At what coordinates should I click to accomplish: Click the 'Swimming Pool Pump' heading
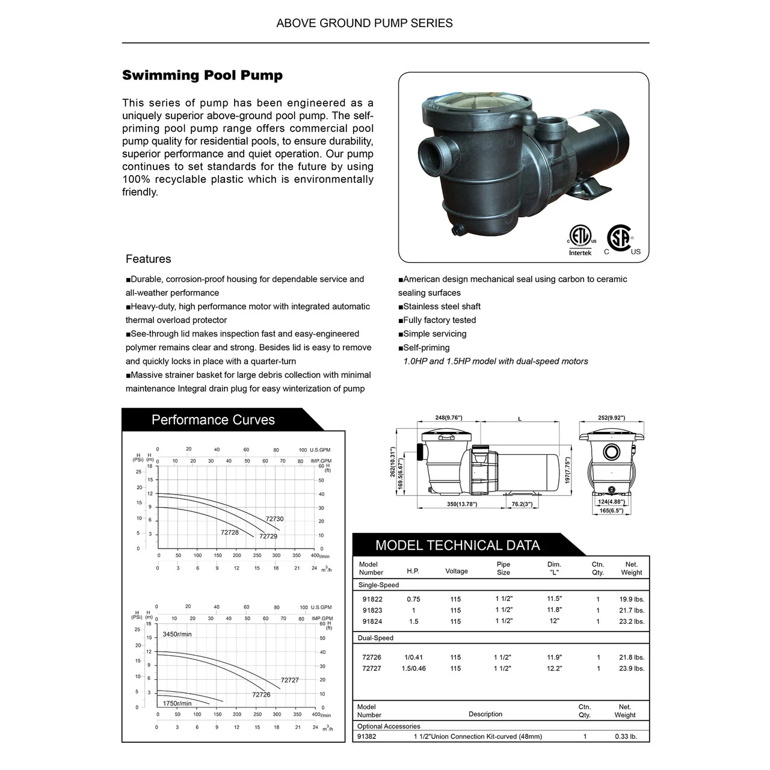(202, 76)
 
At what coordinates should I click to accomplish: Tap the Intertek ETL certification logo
(581, 240)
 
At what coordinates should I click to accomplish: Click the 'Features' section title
(148, 259)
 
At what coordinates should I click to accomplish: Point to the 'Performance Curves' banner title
(213, 420)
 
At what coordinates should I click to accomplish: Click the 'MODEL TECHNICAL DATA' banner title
(457, 546)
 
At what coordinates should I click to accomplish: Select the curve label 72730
(274, 519)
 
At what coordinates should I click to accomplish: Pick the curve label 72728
(229, 532)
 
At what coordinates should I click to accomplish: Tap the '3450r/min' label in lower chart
(177, 634)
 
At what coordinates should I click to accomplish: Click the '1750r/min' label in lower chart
(177, 703)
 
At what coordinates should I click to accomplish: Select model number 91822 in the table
(372, 599)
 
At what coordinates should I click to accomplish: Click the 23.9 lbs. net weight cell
(631, 668)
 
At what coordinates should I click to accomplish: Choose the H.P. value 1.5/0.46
(413, 668)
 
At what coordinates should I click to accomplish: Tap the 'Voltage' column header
(456, 571)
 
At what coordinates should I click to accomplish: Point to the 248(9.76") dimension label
(448, 417)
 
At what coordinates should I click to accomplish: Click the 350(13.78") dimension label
(461, 504)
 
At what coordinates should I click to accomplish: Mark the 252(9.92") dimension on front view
(611, 417)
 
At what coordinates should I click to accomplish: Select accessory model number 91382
(366, 736)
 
